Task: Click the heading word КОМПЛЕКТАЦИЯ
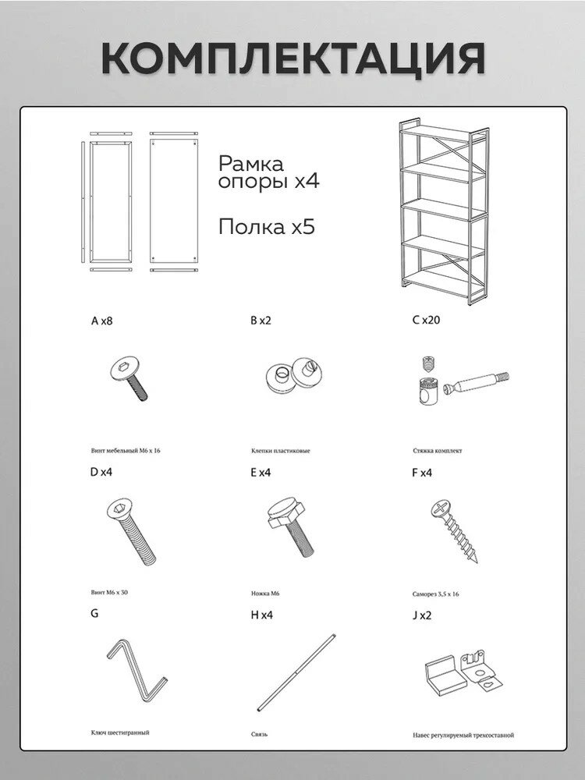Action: point(292,56)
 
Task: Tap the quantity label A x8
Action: point(103,320)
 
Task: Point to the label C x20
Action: point(427,320)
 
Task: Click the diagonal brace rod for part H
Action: point(300,671)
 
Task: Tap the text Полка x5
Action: point(266,227)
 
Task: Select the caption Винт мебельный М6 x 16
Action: point(126,451)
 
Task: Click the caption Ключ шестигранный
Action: point(120,732)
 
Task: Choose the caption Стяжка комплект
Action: point(438,451)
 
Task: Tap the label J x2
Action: point(421,615)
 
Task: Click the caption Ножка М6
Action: point(265,594)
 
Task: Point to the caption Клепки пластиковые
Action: point(281,451)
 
